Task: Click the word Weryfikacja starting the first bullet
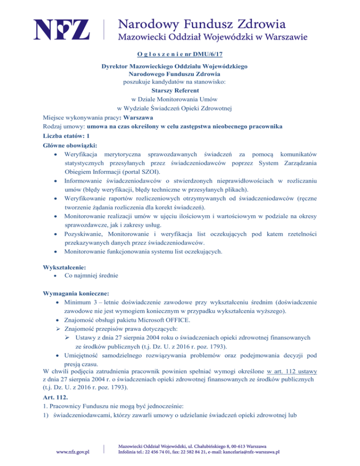[81, 154]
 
